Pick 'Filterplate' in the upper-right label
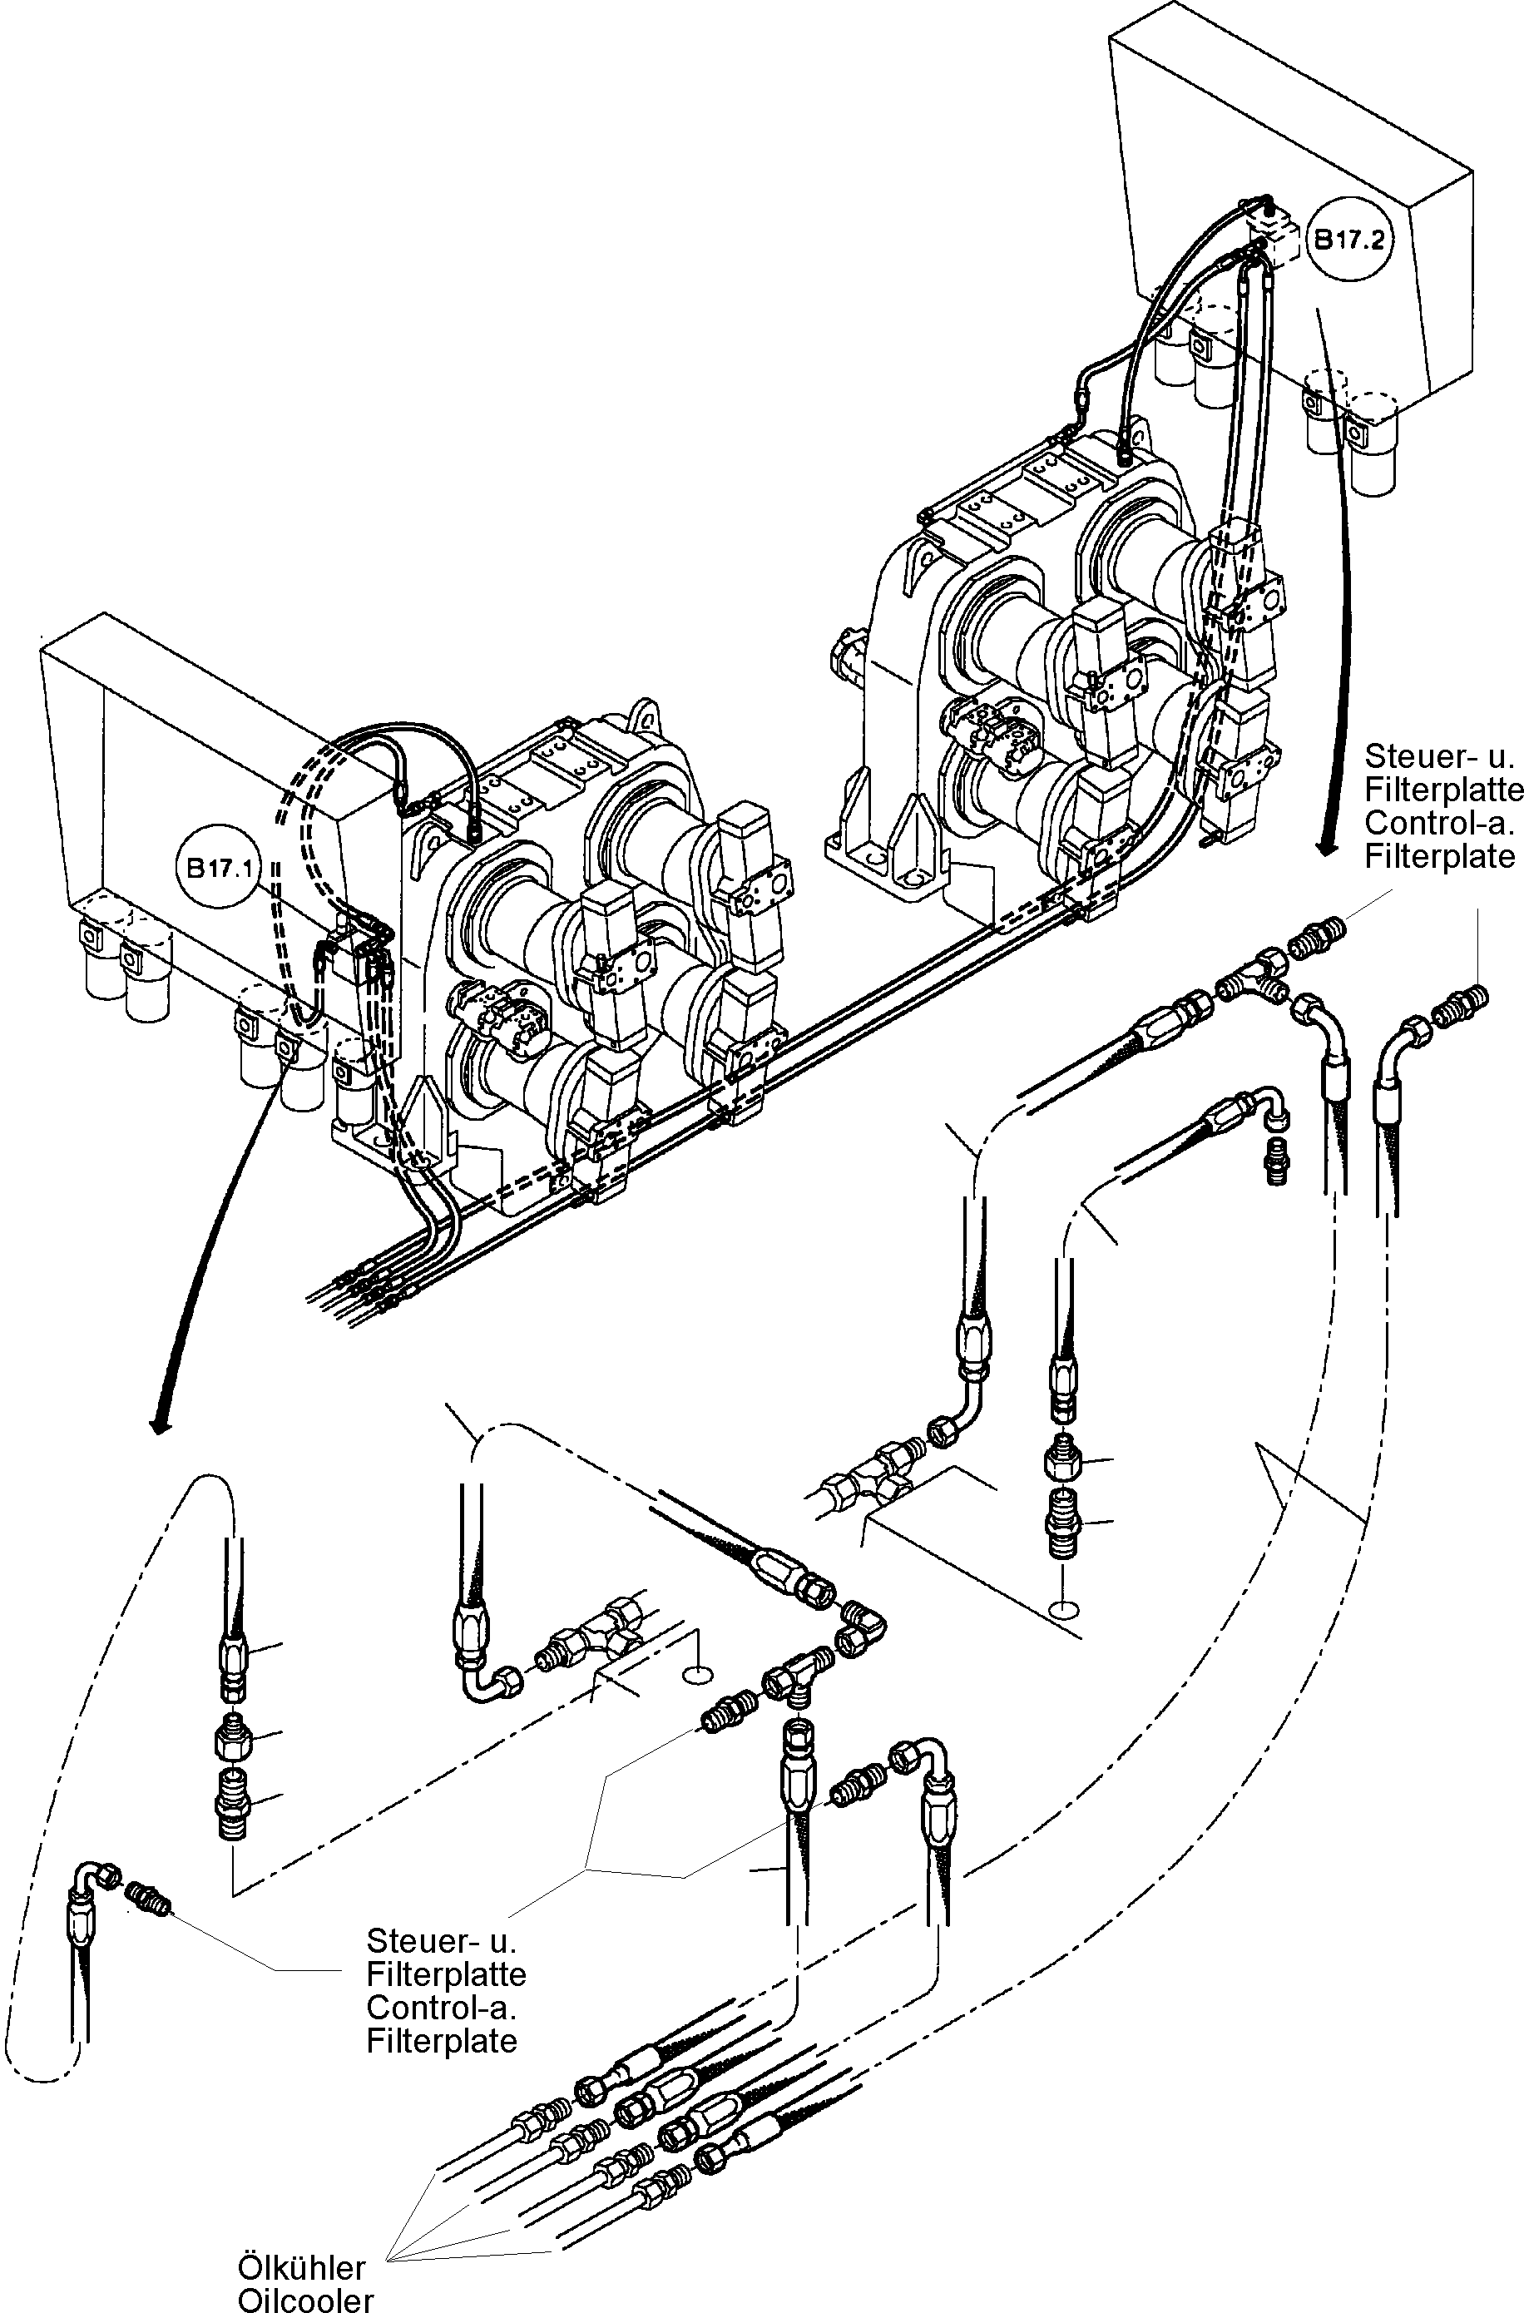pyautogui.click(x=1439, y=856)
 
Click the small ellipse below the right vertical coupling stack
pyautogui.click(x=1063, y=1610)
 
